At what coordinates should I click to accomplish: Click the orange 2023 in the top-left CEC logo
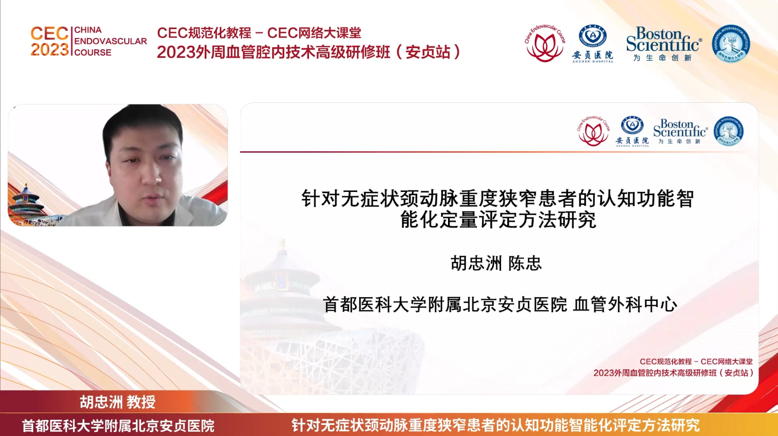[x=50, y=50]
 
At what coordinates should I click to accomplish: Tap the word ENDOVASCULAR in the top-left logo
[x=110, y=41]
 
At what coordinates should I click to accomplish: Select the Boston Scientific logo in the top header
[x=663, y=44]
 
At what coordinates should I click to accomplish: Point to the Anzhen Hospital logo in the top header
[x=592, y=44]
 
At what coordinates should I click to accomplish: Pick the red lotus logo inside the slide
[x=593, y=132]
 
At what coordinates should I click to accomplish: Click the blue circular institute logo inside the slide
[x=728, y=132]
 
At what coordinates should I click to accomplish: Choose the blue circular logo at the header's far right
[x=731, y=44]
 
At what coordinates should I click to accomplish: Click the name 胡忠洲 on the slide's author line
[x=476, y=264]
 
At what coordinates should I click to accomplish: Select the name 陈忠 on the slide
[x=525, y=264]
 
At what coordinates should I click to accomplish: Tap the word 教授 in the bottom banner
[x=141, y=402]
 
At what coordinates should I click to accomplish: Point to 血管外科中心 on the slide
[x=625, y=305]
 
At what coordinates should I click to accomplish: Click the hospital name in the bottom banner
[x=118, y=426]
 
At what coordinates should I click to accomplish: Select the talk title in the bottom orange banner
[x=495, y=425]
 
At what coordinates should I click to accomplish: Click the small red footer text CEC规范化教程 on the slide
[x=666, y=361]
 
